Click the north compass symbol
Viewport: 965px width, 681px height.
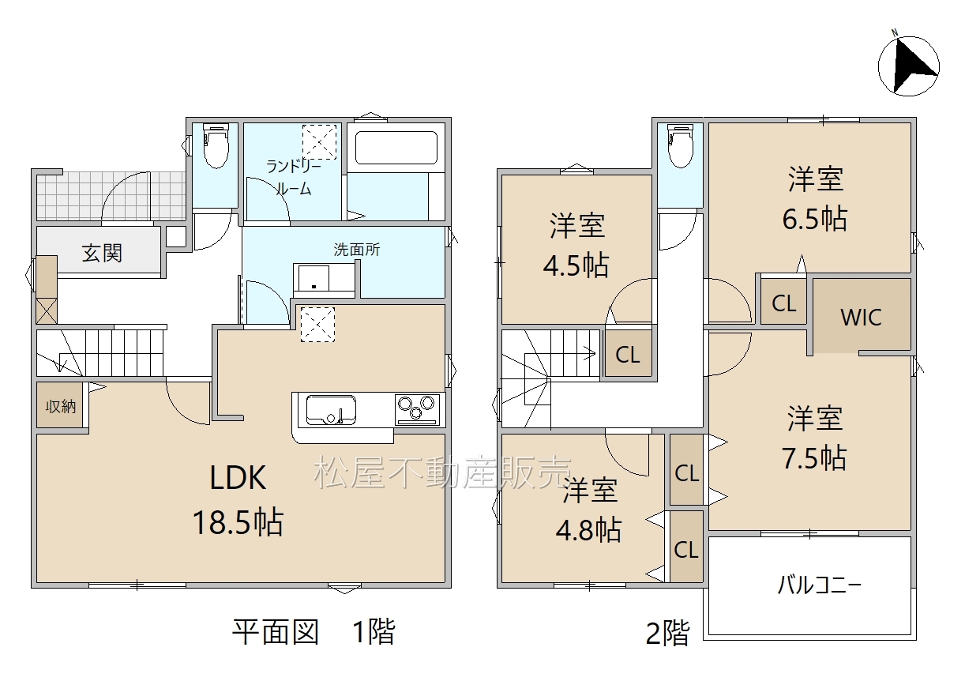pos(909,66)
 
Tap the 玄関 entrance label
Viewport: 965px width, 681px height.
pos(103,253)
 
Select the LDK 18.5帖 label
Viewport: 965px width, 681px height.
pos(238,500)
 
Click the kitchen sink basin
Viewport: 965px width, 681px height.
pos(331,410)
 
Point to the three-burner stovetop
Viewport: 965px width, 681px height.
pos(417,409)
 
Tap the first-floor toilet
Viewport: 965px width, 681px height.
pos(216,145)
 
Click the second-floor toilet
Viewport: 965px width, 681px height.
pos(680,145)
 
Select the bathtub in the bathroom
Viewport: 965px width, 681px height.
pos(396,148)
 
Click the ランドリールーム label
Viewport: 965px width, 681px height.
pos(294,177)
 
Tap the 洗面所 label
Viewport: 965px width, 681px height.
pos(357,250)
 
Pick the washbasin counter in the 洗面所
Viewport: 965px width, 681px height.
pos(325,280)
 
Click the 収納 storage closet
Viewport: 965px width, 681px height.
pos(61,405)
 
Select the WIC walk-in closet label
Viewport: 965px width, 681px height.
pos(861,318)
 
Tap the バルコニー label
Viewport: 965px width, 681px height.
pos(820,585)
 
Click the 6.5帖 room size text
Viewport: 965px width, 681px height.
pos(815,219)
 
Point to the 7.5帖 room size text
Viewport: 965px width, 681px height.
pos(814,457)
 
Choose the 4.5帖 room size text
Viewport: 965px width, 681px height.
pos(576,265)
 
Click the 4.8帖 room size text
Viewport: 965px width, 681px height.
pos(588,530)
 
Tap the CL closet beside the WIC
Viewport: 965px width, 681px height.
pos(783,303)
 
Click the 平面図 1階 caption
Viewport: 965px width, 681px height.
pos(314,632)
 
